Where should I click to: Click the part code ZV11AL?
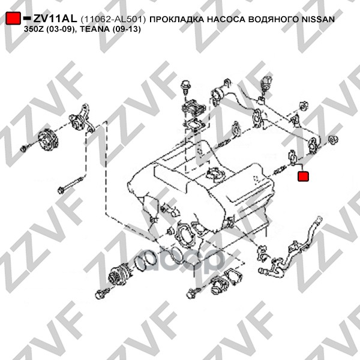coord(55,19)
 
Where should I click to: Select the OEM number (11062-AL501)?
coord(113,20)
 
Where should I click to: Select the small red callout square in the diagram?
coord(303,176)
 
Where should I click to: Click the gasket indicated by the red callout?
coord(292,158)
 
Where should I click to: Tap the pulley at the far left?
coord(48,140)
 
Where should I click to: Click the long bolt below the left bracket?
coord(72,184)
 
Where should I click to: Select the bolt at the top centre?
coord(185,88)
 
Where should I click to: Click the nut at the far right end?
coord(334,140)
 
